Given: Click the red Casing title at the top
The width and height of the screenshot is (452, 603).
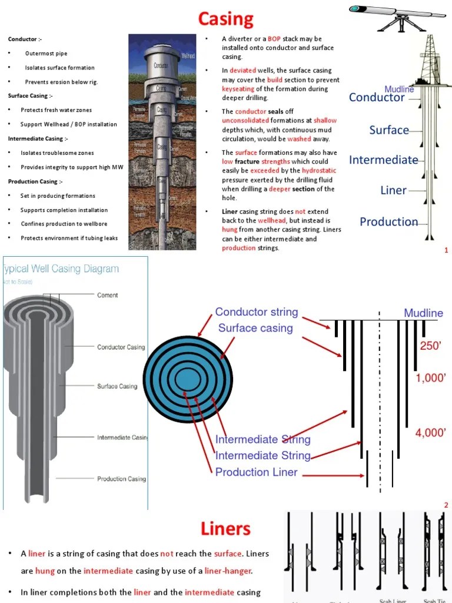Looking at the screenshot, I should pos(225,19).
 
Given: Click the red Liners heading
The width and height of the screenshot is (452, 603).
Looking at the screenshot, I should pos(225,528).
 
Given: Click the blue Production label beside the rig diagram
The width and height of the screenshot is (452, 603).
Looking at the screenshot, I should pos(388,222).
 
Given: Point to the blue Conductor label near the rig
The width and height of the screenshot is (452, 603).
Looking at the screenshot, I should pos(377,98).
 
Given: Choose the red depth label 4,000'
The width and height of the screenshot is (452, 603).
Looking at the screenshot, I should pos(431,433).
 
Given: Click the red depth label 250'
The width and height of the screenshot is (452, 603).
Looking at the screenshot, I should pos(430,346).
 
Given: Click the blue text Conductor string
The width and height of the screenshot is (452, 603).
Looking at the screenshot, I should pos(257,312).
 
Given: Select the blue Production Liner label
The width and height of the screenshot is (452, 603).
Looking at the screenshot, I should pos(257,472).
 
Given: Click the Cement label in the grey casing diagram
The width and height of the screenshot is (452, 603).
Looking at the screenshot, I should pos(107,296).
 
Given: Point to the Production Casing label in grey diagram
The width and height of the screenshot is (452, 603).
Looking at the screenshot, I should pos(121,479).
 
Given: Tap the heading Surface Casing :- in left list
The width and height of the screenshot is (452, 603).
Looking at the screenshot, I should pos(30,96).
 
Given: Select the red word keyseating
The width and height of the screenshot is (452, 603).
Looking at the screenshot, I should pos(238,89).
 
